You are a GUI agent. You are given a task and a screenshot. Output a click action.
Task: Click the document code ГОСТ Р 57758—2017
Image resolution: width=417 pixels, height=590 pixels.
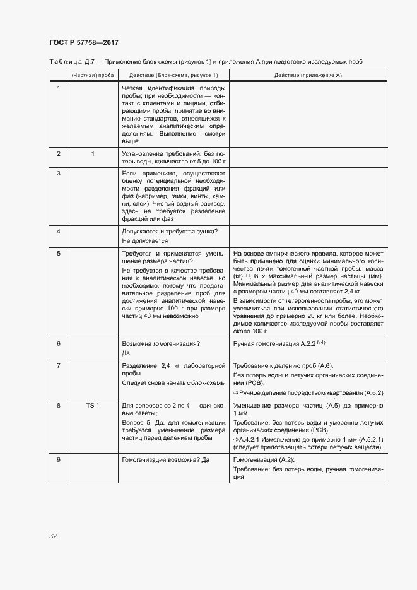click(84, 42)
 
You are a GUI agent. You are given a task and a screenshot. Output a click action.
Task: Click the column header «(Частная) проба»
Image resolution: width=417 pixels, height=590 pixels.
click(92, 74)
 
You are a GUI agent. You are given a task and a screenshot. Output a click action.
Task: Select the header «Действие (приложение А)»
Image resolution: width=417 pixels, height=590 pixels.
click(308, 74)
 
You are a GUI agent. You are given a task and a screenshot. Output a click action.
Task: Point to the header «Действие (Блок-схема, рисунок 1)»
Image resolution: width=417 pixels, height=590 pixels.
click(173, 74)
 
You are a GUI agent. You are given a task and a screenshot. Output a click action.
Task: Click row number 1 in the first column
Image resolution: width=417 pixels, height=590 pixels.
click(58, 88)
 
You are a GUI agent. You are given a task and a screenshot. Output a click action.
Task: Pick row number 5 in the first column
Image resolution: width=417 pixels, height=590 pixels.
click(58, 253)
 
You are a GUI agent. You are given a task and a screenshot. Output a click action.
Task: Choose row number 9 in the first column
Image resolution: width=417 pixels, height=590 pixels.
click(58, 459)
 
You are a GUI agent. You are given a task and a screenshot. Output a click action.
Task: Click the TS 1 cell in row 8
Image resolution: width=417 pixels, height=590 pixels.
click(93, 422)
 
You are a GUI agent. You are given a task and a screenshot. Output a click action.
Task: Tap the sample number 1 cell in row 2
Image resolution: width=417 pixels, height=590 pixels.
click(93, 153)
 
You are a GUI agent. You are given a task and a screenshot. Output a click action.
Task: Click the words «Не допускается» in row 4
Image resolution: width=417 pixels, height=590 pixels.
click(144, 240)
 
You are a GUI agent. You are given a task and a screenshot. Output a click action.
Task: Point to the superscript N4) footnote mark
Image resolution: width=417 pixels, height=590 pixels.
click(320, 342)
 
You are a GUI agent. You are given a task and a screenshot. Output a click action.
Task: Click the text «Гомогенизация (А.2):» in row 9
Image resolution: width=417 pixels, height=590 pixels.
click(260, 459)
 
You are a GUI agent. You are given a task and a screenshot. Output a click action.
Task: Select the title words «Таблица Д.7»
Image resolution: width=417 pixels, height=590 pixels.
click(68, 61)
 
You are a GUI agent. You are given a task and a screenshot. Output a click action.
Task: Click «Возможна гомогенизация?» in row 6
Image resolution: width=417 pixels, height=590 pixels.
click(160, 343)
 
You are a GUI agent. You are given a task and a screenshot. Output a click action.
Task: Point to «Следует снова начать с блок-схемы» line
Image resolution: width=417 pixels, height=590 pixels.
click(172, 383)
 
